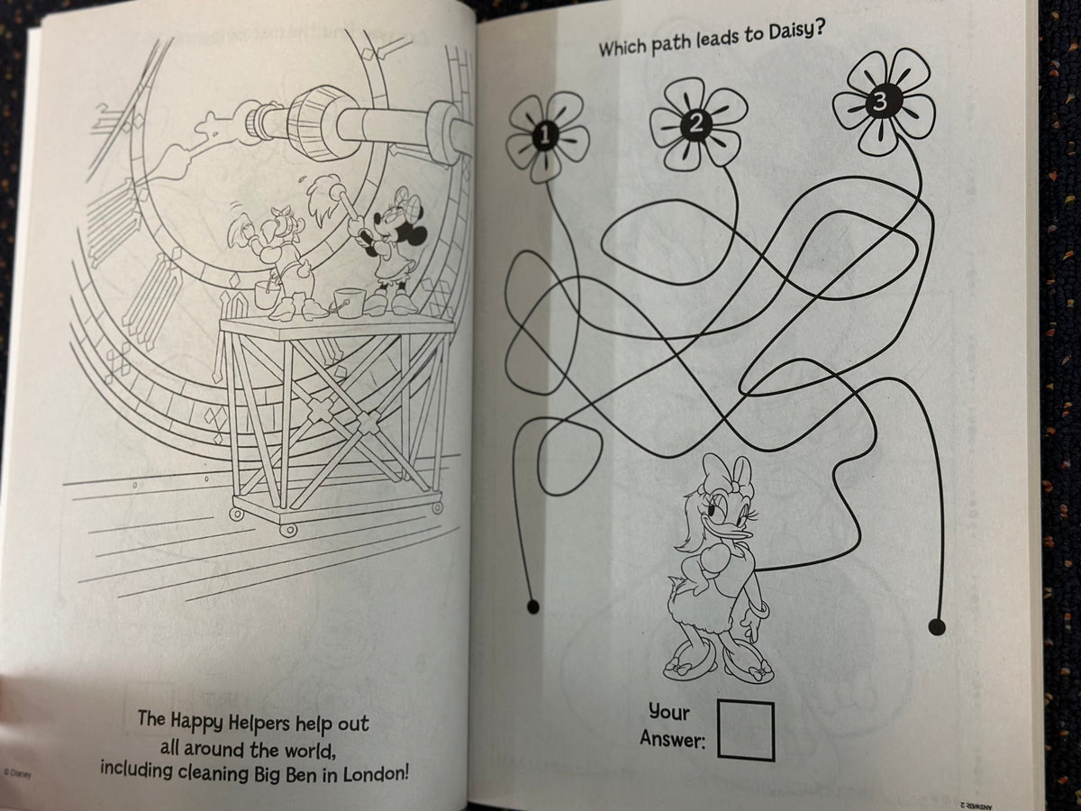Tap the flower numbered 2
pos(696,124)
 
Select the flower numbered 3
pos(881,102)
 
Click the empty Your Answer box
pos(746,730)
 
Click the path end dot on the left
pos(532,606)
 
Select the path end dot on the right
pos(937,625)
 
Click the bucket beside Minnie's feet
pos(349,301)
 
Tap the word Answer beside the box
pos(672,740)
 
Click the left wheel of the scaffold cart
pos(236,515)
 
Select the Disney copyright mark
pos(20,773)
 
